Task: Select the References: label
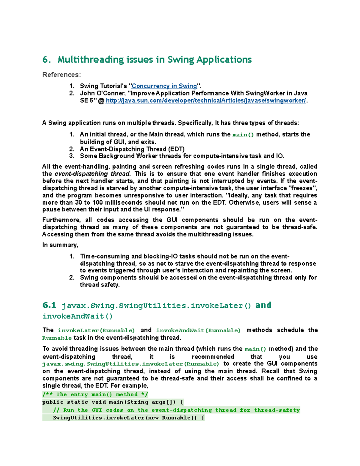(61, 75)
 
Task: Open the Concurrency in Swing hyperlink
(164, 86)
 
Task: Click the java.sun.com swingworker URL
(206, 101)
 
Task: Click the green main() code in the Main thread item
(243, 135)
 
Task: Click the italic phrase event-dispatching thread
(92, 174)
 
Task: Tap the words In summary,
(60, 245)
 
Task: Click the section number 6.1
(49, 305)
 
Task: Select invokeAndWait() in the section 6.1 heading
(77, 316)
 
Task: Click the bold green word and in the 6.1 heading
(263, 305)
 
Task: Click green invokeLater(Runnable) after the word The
(96, 330)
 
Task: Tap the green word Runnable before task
(57, 338)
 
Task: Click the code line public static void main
(113, 402)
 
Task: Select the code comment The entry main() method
(95, 395)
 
